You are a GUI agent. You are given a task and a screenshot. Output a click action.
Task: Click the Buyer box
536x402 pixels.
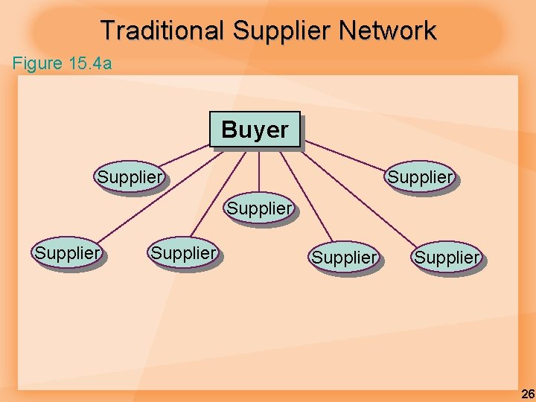pos(255,130)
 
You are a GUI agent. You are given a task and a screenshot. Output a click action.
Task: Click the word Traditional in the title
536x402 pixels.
pos(162,31)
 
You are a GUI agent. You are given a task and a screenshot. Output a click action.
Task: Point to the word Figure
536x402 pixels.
pos(38,63)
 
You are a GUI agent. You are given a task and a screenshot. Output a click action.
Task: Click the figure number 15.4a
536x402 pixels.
pos(90,63)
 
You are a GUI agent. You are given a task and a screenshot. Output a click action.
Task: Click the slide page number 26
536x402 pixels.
pos(526,393)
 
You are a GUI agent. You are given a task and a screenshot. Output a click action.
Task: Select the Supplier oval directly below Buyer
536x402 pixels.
pos(259,208)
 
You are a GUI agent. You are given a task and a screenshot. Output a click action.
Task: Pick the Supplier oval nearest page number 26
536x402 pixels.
pos(447,258)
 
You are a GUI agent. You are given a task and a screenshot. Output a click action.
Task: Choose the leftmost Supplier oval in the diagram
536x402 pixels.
pos(67,252)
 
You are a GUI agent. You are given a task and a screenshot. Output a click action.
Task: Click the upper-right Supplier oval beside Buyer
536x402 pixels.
pos(419,177)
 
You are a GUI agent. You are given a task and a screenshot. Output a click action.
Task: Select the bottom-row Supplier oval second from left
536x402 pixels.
pos(183,252)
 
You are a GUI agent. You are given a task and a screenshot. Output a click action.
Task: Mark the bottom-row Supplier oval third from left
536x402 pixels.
pos(344,258)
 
